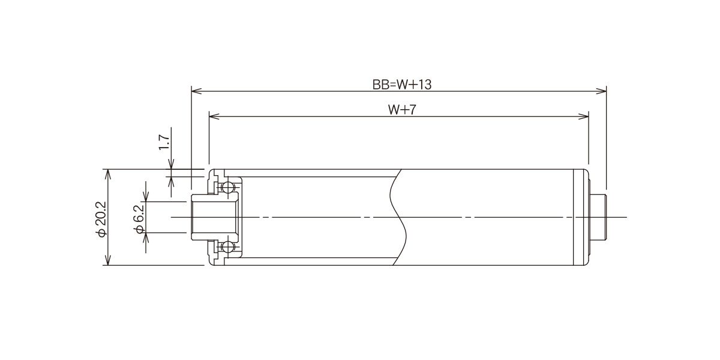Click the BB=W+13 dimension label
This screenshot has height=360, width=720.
(402, 85)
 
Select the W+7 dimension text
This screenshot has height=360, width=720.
(402, 110)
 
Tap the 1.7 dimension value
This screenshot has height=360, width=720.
(164, 142)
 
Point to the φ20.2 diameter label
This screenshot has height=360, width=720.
(101, 219)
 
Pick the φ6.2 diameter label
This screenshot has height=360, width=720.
(139, 219)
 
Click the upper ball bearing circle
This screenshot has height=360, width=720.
(227, 187)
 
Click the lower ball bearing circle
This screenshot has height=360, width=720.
(227, 247)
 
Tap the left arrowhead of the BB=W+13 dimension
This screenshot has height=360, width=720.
(196, 91)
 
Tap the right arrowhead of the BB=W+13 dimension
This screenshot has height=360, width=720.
(601, 91)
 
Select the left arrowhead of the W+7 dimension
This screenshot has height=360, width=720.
(214, 116)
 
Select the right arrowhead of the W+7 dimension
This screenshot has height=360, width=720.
(583, 116)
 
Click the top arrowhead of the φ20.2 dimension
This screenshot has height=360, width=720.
(108, 174)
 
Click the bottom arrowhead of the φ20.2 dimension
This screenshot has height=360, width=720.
(108, 260)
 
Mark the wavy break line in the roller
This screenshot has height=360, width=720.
(398, 217)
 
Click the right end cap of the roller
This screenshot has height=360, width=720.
(581, 217)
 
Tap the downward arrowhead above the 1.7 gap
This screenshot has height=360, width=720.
(171, 164)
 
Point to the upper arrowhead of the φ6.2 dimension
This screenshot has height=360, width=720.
(146, 197)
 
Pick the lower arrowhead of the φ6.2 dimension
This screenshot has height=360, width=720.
(146, 238)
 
